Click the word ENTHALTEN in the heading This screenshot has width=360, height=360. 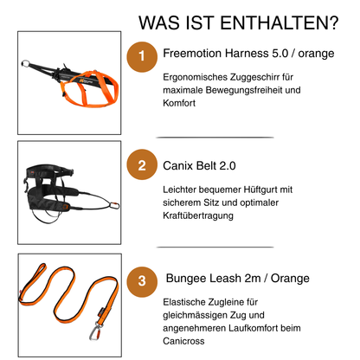pos(280,22)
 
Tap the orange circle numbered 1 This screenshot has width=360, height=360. pos(142,56)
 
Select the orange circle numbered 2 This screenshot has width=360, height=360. pos(142,164)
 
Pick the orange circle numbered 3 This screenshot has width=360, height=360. pos(142,282)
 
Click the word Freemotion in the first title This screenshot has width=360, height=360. pos(192,54)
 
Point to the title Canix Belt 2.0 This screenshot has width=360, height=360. pos(199,166)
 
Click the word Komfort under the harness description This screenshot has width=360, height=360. pos(179,103)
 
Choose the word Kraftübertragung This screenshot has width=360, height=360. pos(198,215)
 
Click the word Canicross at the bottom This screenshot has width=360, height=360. pos(183,341)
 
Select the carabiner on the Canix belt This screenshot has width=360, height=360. pos(114,206)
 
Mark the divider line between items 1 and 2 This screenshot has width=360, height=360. pos(215,138)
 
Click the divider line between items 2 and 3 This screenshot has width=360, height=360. pos(215,247)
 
